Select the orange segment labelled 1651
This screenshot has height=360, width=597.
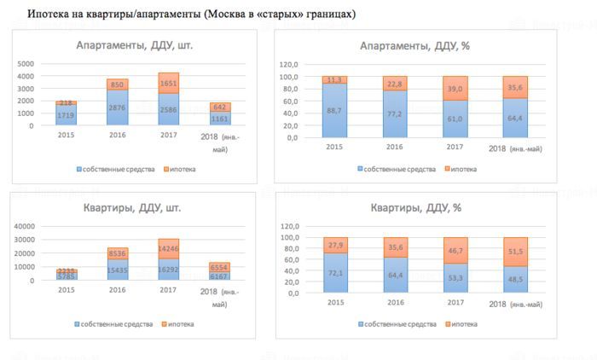point(169,84)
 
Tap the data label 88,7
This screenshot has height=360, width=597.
point(335,110)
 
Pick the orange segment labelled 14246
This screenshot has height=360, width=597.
point(169,248)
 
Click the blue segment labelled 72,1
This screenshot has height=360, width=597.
point(335,272)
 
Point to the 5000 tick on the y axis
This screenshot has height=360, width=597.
point(26,64)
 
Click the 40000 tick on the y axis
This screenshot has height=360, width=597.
point(23,225)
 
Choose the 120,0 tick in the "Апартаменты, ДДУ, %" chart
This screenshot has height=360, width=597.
point(288,64)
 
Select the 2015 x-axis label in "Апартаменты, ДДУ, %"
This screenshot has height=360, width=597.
point(334,148)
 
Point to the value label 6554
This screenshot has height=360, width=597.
point(219,266)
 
